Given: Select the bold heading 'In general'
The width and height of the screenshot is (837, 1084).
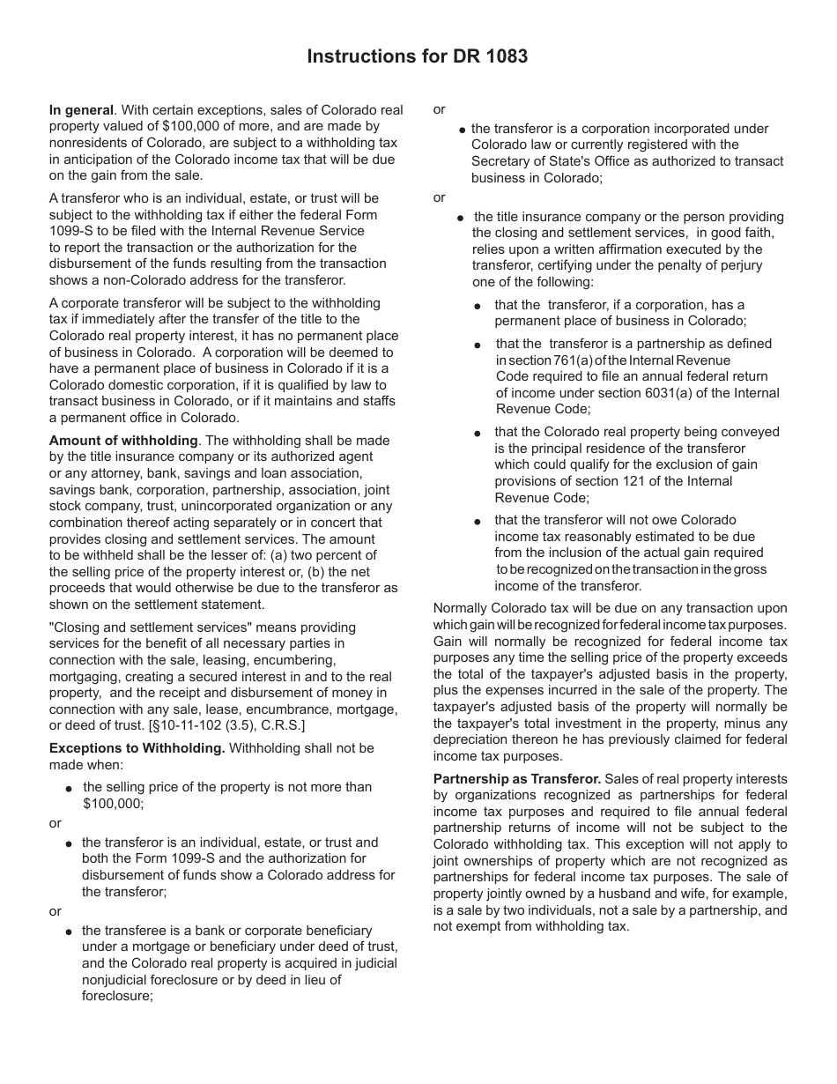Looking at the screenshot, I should [81, 110].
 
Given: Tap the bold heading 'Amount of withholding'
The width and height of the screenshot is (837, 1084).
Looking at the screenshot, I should [123, 441].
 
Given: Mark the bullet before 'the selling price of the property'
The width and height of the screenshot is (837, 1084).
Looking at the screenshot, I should [70, 788].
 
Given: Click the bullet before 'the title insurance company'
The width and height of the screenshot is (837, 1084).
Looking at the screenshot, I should [461, 218].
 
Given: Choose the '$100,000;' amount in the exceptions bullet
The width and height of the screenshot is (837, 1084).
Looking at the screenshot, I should [113, 803].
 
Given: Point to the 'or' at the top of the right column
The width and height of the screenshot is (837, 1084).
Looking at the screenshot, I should [440, 110].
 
